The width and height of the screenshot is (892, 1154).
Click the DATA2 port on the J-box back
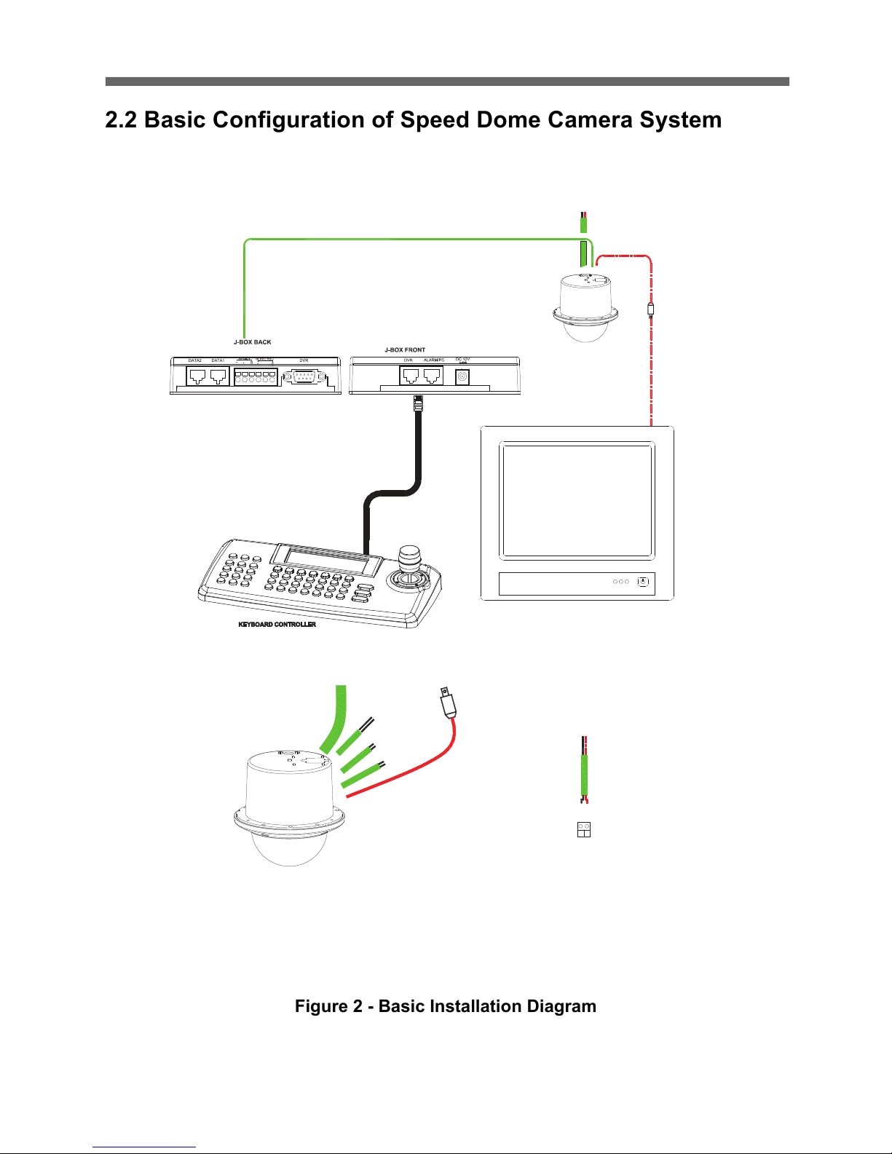197,376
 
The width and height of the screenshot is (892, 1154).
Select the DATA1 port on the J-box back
218,376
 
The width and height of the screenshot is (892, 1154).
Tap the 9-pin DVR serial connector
305,377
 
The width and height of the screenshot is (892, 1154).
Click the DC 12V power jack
461,377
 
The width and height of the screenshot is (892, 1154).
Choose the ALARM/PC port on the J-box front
433,376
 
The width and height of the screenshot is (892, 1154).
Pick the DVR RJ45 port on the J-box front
410,376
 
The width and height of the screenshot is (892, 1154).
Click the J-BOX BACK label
252,342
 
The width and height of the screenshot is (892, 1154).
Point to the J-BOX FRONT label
405,350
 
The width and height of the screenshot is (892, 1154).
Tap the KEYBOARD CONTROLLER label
277,625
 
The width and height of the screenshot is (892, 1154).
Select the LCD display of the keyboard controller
327,559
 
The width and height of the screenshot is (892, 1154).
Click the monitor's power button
642,582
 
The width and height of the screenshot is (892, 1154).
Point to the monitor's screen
577,501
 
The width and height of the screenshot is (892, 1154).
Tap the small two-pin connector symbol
583,829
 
